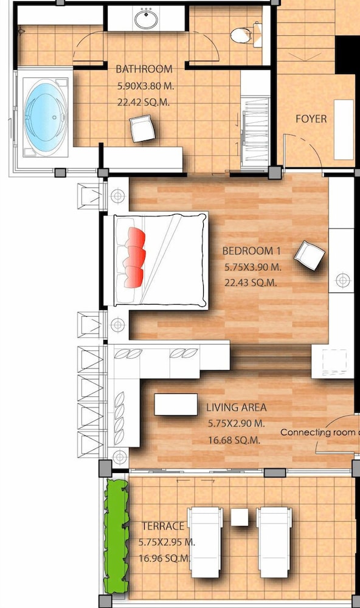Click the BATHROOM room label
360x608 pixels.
tap(144, 69)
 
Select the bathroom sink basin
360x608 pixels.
tap(146, 19)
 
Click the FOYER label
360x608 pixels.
tap(311, 119)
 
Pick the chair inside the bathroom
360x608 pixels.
tap(142, 129)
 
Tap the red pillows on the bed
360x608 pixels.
tap(134, 257)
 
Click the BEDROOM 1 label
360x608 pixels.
tap(251, 251)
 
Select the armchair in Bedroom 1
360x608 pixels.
tap(309, 255)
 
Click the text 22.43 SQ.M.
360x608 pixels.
tap(251, 283)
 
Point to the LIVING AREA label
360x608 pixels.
tap(236, 407)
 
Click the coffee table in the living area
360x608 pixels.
tap(176, 404)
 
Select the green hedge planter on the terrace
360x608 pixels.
tap(116, 537)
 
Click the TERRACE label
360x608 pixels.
tap(163, 526)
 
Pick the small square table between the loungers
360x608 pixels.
tap(240, 517)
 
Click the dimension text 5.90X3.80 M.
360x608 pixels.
tap(145, 86)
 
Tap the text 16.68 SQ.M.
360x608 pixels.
tap(234, 440)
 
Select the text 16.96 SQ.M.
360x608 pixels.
tap(165, 559)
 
